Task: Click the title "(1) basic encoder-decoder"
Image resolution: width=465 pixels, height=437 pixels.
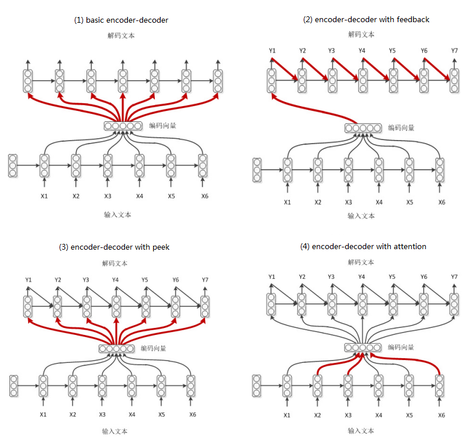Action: pos(121,20)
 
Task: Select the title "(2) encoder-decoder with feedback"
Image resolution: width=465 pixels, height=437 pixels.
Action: pos(366,19)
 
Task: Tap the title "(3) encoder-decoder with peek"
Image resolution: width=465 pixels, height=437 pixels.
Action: pos(114,247)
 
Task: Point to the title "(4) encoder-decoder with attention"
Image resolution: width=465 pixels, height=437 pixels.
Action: pos(363,246)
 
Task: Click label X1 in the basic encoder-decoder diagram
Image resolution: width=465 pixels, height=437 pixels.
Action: pos(44,195)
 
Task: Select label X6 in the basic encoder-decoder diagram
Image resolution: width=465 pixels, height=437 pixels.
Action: pos(204,195)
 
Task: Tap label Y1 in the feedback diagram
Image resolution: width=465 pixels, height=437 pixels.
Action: pos(272,51)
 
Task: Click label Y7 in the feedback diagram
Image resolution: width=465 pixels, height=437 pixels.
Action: pos(454,51)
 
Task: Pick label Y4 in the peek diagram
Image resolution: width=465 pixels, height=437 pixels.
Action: pos(116,280)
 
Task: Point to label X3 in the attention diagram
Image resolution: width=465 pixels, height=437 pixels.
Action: pos(348,415)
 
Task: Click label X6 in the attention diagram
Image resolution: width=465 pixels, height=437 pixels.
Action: pos(441,415)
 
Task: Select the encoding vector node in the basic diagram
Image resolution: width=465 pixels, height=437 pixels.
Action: pos(123,125)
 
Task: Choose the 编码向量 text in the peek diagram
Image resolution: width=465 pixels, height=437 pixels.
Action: pos(153,348)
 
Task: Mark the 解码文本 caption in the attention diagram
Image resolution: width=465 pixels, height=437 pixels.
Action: pos(361,263)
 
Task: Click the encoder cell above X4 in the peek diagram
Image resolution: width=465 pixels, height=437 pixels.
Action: pos(132,386)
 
